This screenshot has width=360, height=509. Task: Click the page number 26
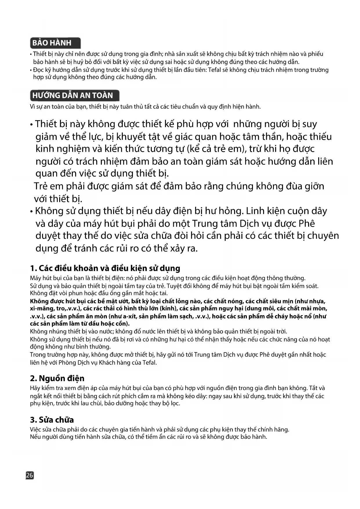pos(30,475)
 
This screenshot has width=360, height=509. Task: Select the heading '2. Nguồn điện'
pos(57,378)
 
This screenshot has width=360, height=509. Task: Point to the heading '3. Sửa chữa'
pos(52,420)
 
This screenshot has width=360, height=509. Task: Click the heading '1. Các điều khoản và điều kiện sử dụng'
pos(105,268)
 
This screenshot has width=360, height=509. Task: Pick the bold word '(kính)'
pos(173,308)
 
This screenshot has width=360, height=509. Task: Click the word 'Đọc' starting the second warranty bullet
pos(38,70)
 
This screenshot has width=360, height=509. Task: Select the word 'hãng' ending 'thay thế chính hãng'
pos(283,429)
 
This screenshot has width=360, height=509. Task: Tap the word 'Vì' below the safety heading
pos(33,107)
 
